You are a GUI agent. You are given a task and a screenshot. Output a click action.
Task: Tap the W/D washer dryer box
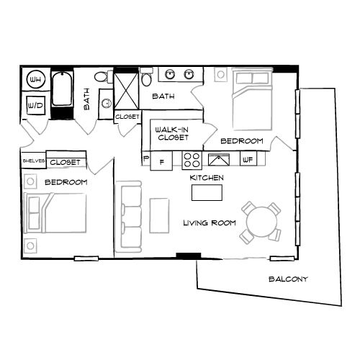pyautogui.click(x=35, y=105)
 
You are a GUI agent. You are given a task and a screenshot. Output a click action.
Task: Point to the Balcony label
pyautogui.click(x=288, y=279)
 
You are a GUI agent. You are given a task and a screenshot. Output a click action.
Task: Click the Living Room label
pyautogui.click(x=209, y=223)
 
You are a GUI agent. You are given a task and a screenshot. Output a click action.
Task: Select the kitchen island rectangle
pyautogui.click(x=207, y=192)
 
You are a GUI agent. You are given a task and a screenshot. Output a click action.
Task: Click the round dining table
pyautogui.click(x=260, y=221)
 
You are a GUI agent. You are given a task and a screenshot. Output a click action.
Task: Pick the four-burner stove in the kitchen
pyautogui.click(x=192, y=160)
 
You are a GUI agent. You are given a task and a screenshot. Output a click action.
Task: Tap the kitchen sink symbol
pyautogui.click(x=218, y=160)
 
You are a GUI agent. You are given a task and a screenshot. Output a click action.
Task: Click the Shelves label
pyautogui.click(x=33, y=162)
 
